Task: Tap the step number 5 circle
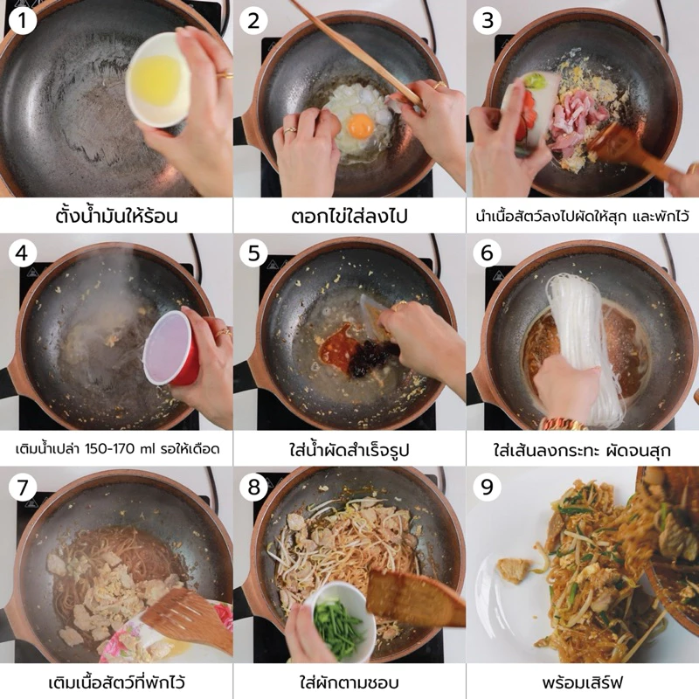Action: point(253,253)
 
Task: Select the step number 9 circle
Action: point(487,487)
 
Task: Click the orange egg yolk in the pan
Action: point(360,126)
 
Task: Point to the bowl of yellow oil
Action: point(158,80)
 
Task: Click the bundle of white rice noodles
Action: point(576,343)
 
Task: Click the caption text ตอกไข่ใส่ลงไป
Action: point(349,217)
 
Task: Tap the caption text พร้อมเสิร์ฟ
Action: point(582,682)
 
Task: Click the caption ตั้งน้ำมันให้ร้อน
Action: point(117,216)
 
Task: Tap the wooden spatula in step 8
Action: point(414,598)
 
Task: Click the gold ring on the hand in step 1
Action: point(225,75)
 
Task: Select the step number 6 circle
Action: point(487,253)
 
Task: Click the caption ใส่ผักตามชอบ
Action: point(349,682)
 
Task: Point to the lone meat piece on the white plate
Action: point(514,570)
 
